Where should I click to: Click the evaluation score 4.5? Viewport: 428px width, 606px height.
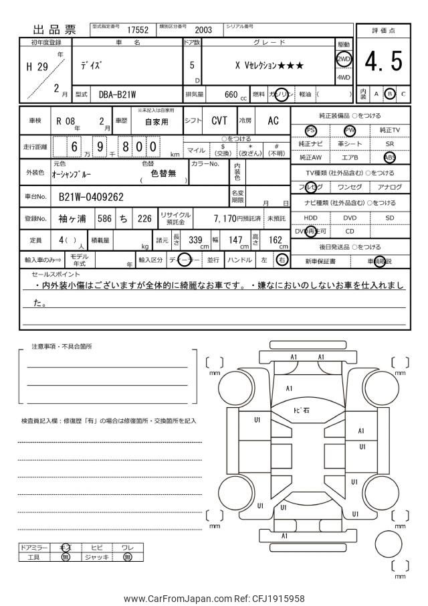(383, 62)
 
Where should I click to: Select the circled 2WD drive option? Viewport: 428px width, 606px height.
(343, 58)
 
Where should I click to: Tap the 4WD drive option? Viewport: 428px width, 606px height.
(343, 77)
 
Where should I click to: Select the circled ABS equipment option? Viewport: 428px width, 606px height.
(389, 157)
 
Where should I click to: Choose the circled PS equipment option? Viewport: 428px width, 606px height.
(310, 130)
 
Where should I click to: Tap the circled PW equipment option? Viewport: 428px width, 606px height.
(349, 130)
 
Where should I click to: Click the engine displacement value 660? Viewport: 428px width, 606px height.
(231, 95)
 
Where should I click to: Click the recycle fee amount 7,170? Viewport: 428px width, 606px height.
(224, 218)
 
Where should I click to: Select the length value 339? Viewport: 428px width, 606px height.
(195, 240)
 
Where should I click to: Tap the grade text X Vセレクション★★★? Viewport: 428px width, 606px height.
(269, 66)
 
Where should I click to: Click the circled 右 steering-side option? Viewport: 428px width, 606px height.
(282, 260)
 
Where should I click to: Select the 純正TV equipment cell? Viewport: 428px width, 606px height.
(389, 130)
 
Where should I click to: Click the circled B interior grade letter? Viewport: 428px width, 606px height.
(390, 94)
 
